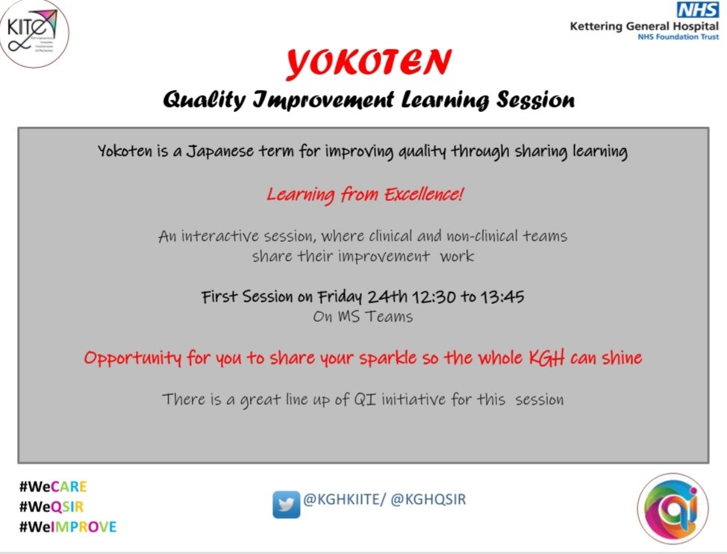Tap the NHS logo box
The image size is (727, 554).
[x=696, y=10]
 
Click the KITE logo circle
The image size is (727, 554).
[x=35, y=35]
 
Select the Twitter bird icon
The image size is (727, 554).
[x=286, y=505]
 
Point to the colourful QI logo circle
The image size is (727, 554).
[x=673, y=508]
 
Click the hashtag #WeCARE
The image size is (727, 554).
[x=53, y=487]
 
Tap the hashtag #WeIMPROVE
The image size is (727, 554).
[x=68, y=527]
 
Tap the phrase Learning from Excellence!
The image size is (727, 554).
[x=365, y=196]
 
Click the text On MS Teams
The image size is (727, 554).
[x=363, y=317]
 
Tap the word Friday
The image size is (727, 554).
[x=340, y=296]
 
